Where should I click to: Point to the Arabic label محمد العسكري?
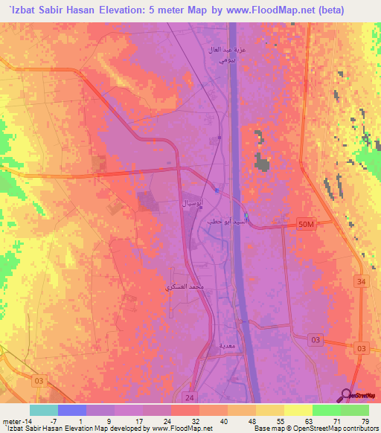coord(187,286)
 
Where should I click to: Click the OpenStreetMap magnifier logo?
coord(348,395)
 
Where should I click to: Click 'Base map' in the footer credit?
coord(267,428)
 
